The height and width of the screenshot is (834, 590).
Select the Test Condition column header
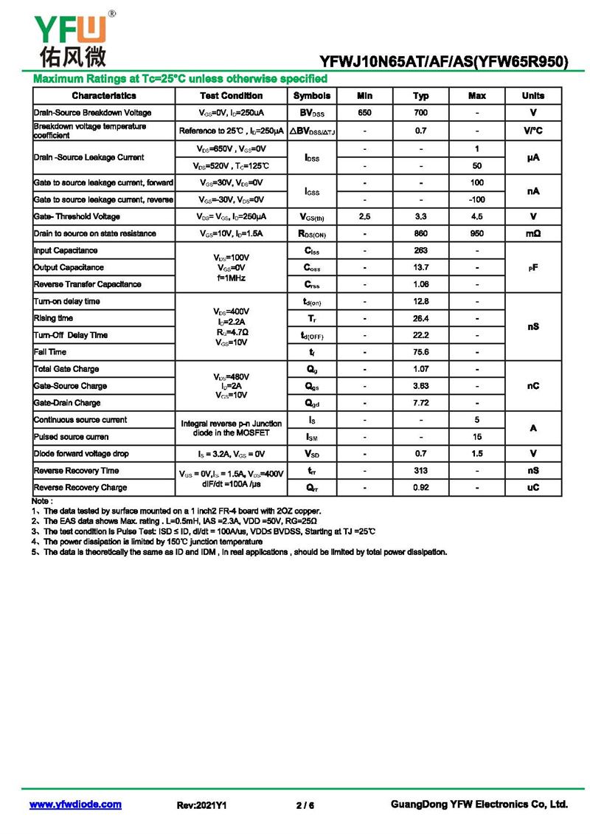coord(231,96)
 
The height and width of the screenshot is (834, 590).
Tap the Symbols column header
coord(312,96)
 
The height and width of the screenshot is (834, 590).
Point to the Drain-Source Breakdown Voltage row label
coord(93,113)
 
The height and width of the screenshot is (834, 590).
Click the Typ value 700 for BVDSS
coord(421,113)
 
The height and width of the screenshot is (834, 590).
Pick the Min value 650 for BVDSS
coord(364,113)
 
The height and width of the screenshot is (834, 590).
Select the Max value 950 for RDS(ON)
coord(477,234)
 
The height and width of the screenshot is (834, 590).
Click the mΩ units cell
coord(532,234)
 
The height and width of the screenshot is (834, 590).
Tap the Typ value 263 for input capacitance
coord(421,251)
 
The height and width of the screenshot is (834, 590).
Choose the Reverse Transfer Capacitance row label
coord(88,284)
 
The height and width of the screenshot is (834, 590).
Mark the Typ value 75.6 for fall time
coord(421,352)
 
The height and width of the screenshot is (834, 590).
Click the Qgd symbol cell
coord(312,403)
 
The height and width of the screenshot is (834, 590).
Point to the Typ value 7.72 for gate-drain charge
coord(421,403)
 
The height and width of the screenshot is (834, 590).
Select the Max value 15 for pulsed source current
coord(477,437)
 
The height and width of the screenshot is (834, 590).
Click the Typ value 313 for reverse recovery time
coord(421,471)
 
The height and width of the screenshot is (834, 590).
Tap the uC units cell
coord(532,488)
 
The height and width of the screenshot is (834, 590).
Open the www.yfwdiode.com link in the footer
coord(75,804)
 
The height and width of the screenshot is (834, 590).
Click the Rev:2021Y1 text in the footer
coord(201,805)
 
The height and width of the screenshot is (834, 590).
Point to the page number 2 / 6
coord(305,805)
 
